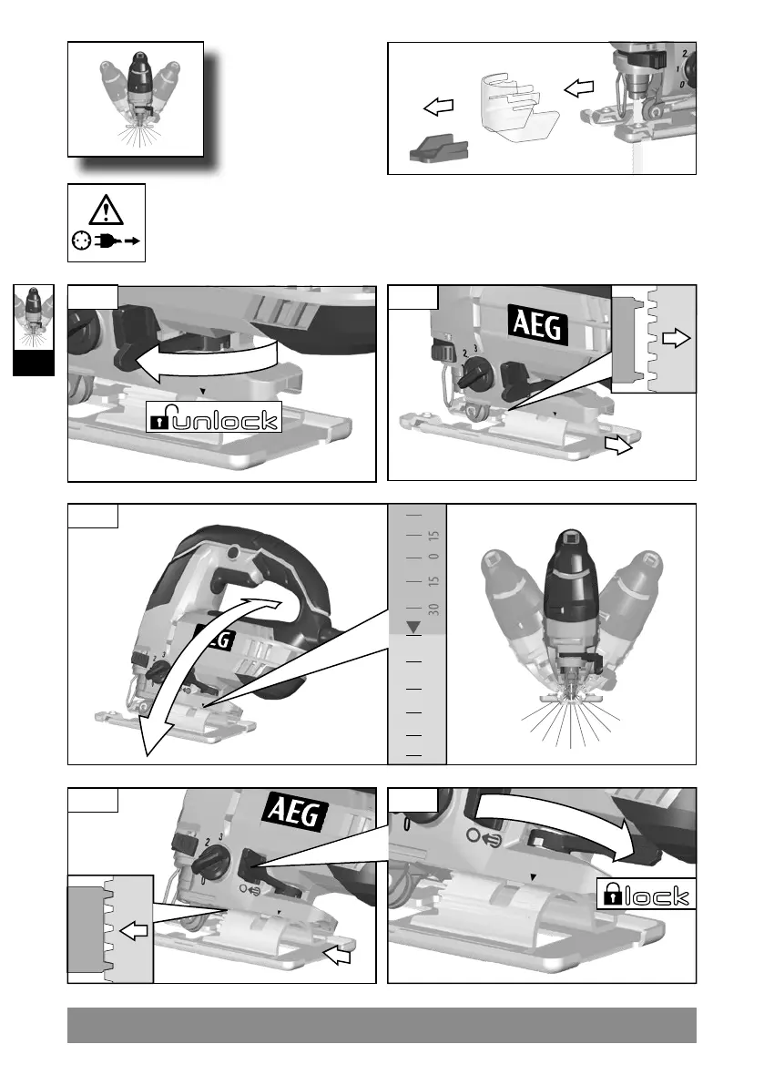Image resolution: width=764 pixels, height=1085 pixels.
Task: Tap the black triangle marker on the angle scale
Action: point(413,627)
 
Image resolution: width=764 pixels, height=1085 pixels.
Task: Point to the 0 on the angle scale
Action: point(434,557)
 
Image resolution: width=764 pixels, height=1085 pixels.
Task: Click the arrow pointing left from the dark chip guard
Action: point(439,107)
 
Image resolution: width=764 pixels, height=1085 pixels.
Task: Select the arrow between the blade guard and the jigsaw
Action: point(578,88)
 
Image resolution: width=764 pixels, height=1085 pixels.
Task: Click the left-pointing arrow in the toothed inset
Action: point(133,930)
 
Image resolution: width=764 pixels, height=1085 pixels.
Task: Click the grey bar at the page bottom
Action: point(382,1025)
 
